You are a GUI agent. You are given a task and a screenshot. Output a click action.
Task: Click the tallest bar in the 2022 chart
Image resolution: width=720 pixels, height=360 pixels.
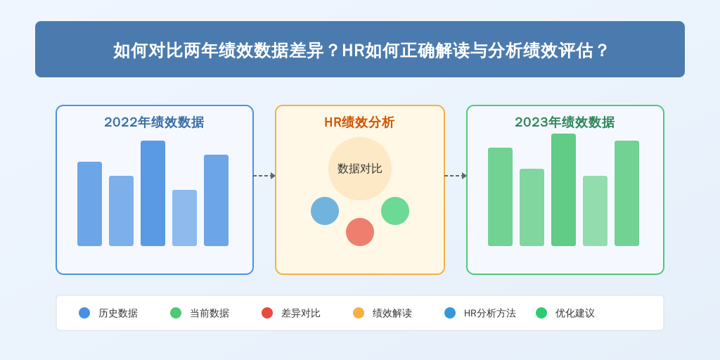coord(153,193)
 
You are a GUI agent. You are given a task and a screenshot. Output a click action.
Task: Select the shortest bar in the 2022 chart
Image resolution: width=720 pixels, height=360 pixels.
coord(185,218)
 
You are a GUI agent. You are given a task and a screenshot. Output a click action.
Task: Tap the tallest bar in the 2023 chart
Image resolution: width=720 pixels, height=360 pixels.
coord(563,190)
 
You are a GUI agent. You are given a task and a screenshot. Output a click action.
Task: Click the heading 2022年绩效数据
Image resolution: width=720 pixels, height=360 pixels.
coord(154,122)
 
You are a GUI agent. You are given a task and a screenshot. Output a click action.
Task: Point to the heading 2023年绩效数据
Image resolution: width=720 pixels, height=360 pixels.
coord(565,122)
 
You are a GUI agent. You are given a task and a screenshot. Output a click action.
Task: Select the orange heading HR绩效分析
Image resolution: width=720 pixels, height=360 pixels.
coord(359,122)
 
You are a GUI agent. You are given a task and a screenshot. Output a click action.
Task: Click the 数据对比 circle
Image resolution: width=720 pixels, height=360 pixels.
coord(360,169)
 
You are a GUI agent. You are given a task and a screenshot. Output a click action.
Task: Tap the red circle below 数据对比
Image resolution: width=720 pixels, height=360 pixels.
coord(360,232)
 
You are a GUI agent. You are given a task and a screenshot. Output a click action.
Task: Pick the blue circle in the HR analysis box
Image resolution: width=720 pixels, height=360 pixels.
coord(325,211)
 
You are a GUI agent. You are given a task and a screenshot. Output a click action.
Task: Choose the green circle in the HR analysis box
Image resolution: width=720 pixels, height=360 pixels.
coord(395,211)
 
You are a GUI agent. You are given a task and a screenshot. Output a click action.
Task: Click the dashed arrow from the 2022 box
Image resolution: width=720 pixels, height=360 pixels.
coord(264,175)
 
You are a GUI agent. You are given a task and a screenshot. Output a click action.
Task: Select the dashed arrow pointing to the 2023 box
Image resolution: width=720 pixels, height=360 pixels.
coord(456,175)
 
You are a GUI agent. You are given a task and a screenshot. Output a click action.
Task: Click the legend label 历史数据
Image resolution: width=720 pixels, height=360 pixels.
coord(118,313)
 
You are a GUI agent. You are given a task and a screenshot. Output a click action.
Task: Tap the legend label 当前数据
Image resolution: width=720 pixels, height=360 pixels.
coord(210,313)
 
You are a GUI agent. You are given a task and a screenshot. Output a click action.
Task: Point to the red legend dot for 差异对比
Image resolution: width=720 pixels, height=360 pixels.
coord(267,313)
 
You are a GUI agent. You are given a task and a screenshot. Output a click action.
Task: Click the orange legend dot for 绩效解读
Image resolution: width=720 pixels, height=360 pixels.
coord(359,313)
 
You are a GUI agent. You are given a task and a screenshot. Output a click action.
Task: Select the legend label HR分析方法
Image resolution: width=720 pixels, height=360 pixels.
coord(490,313)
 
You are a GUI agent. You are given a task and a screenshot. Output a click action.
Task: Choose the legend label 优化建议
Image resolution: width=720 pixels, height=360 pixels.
coord(575,313)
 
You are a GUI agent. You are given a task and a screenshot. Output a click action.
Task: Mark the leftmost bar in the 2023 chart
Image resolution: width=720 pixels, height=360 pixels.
coord(500,197)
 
